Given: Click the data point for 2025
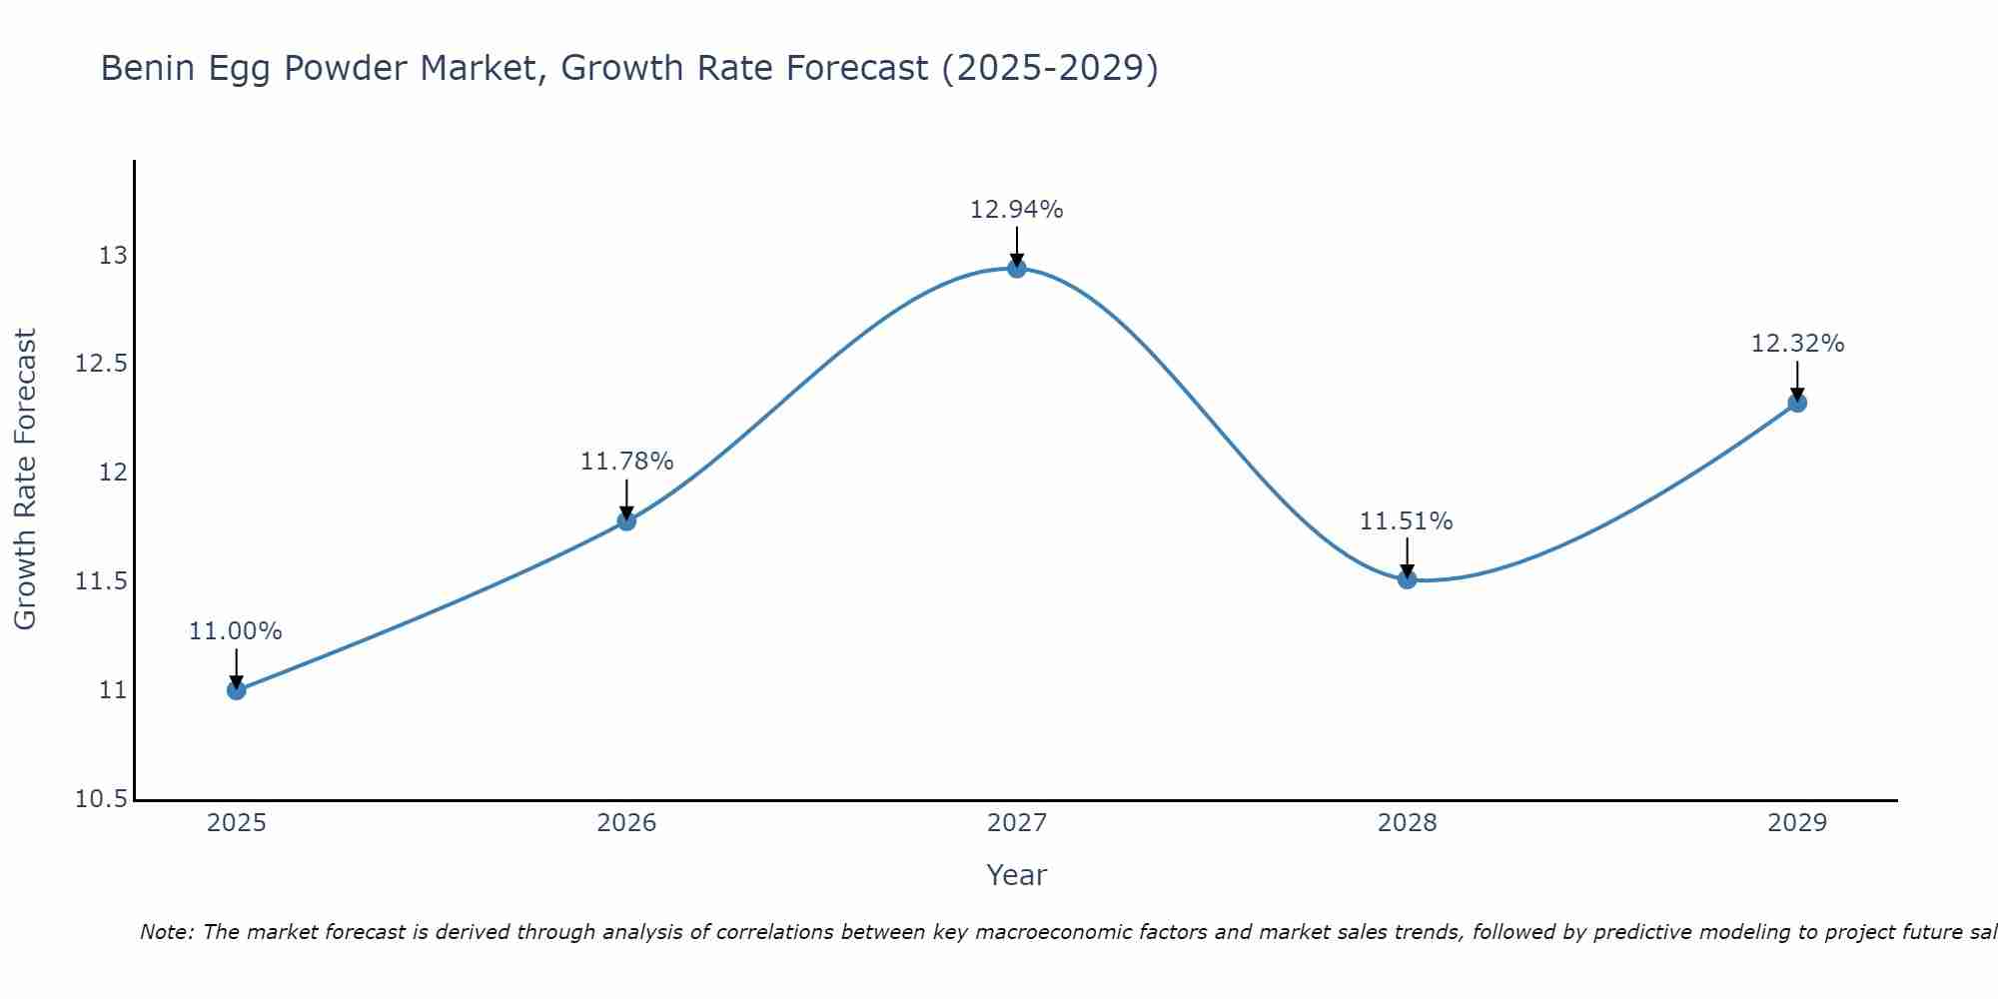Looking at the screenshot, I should coord(236,689).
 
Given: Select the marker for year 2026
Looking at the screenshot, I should coord(626,520).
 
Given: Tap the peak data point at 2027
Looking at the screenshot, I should coord(1017,268).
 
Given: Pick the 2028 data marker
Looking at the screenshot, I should coord(1407,578).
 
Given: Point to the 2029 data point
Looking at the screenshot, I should coord(1797,403).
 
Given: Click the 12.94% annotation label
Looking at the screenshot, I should coord(1017,210).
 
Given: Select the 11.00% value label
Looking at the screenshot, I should coord(236,631).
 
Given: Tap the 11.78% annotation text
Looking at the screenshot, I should coord(626,462).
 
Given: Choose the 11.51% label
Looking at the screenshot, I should coord(1407,521).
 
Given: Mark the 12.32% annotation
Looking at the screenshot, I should coord(1797,344).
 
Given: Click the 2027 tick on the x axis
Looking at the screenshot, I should coord(1017,823).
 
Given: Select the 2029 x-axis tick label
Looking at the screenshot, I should coord(1797,823).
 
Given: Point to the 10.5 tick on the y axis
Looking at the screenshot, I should coord(101,799).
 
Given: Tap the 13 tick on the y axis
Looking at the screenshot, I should coord(113,256).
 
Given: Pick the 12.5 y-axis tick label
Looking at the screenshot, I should coord(101,364).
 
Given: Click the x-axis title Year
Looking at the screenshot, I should coord(1017,875).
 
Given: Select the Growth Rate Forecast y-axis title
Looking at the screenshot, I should coord(25,480).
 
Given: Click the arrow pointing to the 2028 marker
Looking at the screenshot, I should coord(1407,555).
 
